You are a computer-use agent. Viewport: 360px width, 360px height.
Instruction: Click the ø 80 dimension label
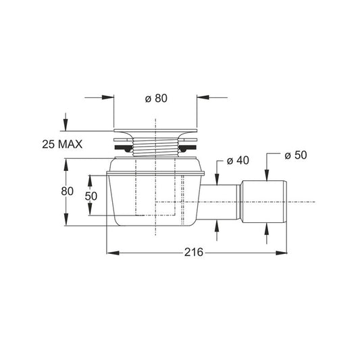pos(156,98)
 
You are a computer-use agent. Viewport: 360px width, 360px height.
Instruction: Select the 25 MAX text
pos(62,145)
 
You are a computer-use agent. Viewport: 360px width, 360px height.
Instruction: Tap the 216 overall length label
pos(194,253)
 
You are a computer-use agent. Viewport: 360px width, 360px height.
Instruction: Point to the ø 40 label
pos(238,160)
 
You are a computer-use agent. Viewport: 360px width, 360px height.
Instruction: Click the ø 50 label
pos(296,155)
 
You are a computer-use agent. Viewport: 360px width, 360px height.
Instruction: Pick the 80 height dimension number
pos(68,191)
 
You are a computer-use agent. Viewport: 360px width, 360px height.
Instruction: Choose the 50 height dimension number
pos(91,196)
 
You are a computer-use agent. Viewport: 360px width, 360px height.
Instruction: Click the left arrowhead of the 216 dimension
pos(113,253)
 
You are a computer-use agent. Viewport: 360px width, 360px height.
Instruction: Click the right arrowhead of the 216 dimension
pos(281,253)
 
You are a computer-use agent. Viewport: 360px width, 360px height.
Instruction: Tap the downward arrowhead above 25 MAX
pos(66,125)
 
